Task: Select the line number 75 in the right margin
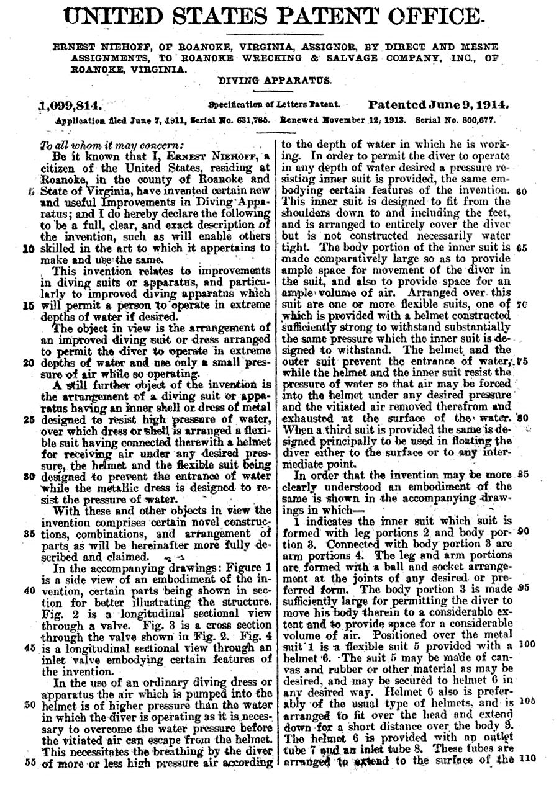pos(522,361)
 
